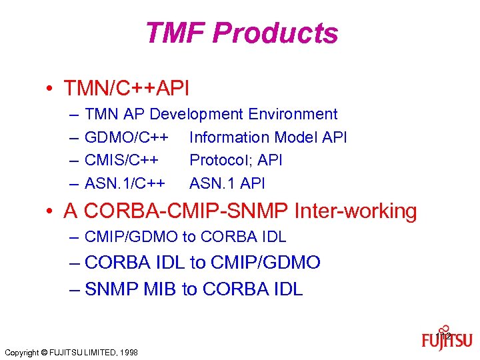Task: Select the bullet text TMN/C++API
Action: click(x=126, y=87)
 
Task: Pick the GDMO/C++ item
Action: click(x=126, y=137)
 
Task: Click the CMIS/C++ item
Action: click(x=122, y=160)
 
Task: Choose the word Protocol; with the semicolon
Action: click(x=219, y=160)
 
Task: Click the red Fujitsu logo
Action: click(x=447, y=340)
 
